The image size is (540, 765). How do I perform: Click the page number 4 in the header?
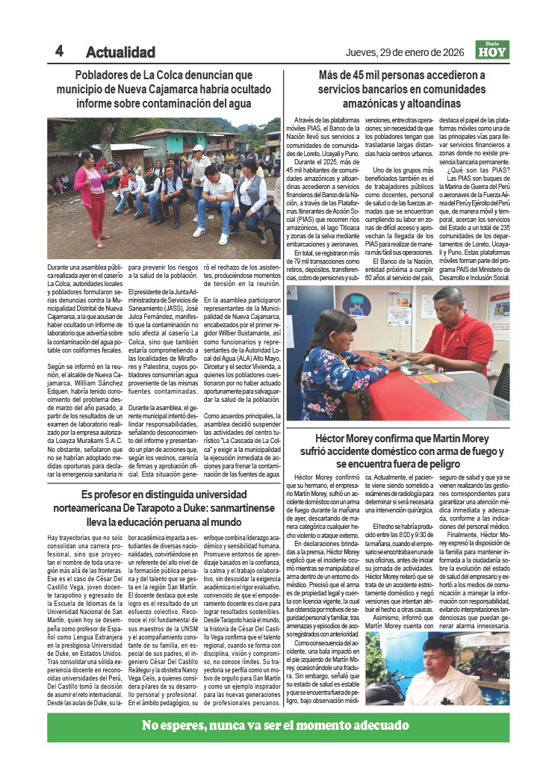[x=58, y=51]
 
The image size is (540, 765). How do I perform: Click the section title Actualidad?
[x=120, y=52]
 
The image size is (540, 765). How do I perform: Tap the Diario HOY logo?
[x=492, y=50]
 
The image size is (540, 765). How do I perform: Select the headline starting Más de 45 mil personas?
[x=401, y=89]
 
